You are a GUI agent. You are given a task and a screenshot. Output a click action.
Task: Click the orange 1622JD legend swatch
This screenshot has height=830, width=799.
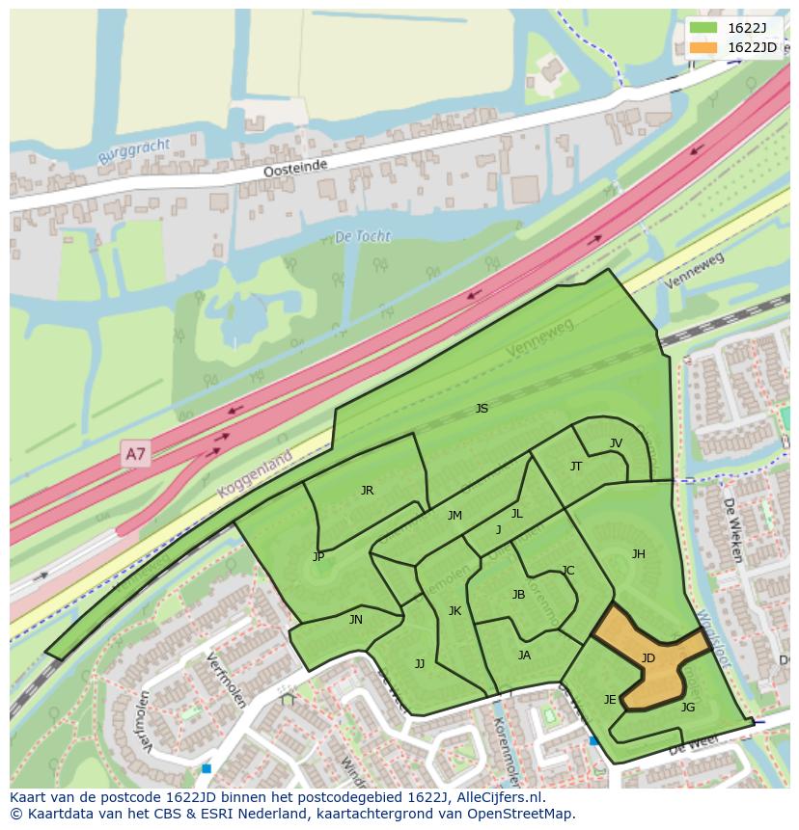(703, 47)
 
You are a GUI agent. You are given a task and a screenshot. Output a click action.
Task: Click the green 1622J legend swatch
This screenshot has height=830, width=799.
(703, 28)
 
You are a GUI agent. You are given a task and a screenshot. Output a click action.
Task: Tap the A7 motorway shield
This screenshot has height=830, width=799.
(136, 453)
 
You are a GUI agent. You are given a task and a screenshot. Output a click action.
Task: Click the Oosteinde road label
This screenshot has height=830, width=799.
(296, 168)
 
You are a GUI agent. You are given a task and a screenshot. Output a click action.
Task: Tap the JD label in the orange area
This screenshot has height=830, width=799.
(647, 658)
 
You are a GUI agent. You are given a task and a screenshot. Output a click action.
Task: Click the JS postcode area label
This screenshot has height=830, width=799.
(482, 409)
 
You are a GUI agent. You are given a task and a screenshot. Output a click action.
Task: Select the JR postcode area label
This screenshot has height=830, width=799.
(367, 491)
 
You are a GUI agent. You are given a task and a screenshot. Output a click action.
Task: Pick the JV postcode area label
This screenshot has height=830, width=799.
(616, 443)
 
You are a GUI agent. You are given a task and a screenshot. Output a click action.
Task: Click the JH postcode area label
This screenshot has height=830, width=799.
(638, 554)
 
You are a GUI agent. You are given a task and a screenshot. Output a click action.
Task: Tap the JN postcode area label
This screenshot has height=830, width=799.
(355, 620)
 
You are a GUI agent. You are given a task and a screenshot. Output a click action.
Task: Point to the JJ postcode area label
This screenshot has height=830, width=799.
(419, 663)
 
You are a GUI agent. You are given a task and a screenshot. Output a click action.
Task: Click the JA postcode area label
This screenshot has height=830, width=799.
(524, 656)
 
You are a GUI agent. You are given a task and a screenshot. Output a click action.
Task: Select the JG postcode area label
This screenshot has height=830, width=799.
(687, 708)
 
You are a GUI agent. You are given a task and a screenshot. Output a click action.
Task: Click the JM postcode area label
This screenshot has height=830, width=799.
(455, 516)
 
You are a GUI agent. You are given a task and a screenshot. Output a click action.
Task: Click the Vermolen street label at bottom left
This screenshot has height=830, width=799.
(145, 722)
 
